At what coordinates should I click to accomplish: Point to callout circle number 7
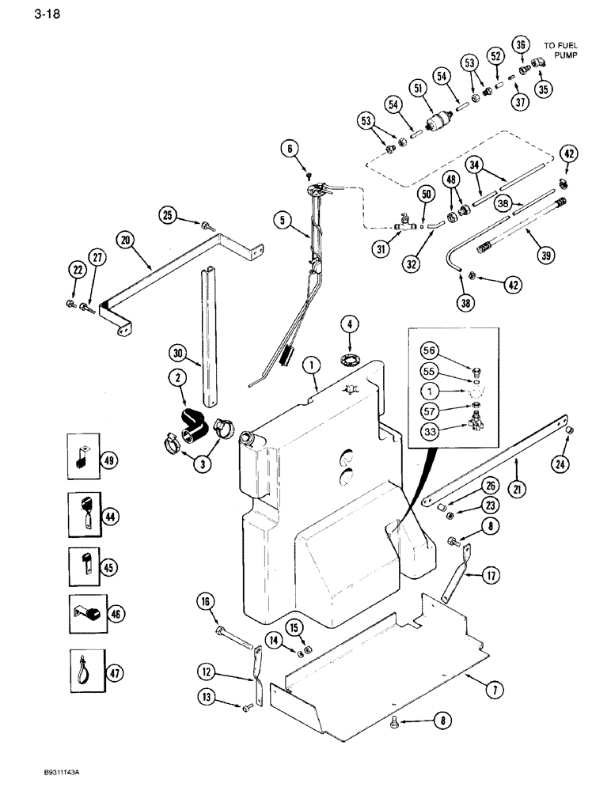tap(495, 690)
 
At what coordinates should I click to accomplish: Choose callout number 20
tap(126, 239)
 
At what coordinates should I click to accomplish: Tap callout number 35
tap(544, 89)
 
